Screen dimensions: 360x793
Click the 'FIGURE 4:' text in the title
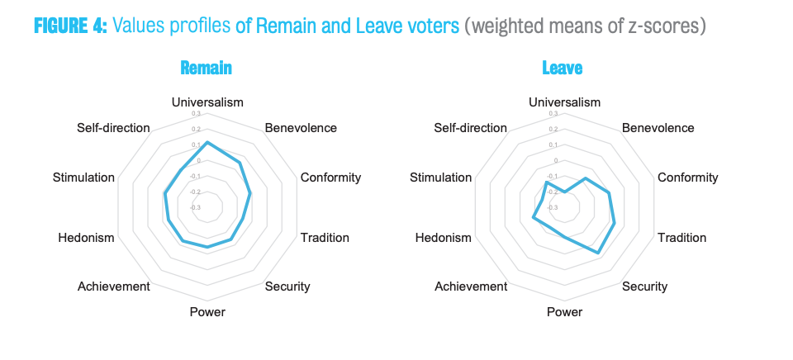[70, 26]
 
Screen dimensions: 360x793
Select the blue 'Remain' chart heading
[206, 68]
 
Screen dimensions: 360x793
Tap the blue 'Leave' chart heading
[563, 68]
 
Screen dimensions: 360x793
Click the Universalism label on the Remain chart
[207, 102]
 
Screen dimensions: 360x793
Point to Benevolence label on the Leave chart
[658, 128]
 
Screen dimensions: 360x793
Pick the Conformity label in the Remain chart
[330, 178]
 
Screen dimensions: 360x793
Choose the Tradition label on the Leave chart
[681, 238]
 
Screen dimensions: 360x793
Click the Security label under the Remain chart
[287, 287]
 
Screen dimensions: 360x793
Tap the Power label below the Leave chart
[564, 312]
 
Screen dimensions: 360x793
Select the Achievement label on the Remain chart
[114, 287]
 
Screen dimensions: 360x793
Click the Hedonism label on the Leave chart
[444, 238]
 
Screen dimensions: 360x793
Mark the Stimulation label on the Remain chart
[83, 178]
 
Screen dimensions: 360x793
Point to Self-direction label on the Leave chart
[470, 128]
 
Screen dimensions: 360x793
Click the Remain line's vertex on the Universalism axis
[207, 142]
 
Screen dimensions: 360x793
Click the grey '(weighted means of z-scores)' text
[585, 26]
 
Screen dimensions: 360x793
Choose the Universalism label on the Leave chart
[564, 102]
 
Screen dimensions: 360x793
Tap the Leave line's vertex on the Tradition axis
[615, 222]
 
